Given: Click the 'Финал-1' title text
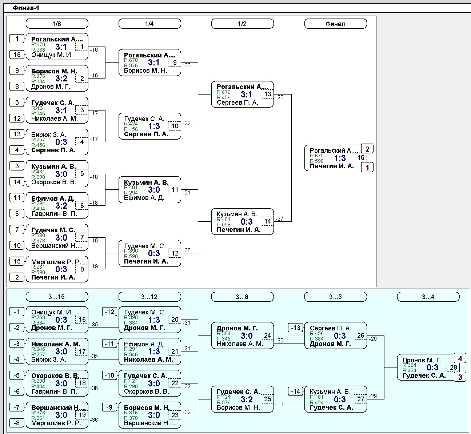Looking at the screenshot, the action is [x=26, y=8].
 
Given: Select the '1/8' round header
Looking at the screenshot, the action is [x=57, y=24].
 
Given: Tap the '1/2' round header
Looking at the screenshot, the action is [x=242, y=24].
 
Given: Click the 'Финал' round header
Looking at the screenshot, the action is [x=336, y=24].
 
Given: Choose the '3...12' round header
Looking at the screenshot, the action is [x=149, y=297].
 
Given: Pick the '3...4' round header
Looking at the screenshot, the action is [x=428, y=297].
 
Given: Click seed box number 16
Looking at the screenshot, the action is [x=17, y=55].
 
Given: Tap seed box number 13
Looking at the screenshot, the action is [x=17, y=134].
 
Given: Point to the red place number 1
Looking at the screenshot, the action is [x=367, y=168].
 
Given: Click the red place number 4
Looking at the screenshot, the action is [x=460, y=358].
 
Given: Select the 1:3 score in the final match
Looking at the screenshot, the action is [x=340, y=158].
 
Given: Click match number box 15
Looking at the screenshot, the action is [x=361, y=158].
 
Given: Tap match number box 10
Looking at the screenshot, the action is [x=175, y=126].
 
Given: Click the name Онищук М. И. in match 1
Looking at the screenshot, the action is [x=52, y=55].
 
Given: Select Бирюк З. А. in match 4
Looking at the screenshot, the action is [x=49, y=134].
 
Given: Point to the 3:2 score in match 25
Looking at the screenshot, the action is [x=247, y=399].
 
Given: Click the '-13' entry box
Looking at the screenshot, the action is [x=295, y=328].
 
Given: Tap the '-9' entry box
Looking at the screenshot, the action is [x=109, y=407].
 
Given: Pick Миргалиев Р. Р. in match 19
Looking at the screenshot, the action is [x=56, y=423].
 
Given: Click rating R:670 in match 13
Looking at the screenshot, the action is [x=224, y=92].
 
